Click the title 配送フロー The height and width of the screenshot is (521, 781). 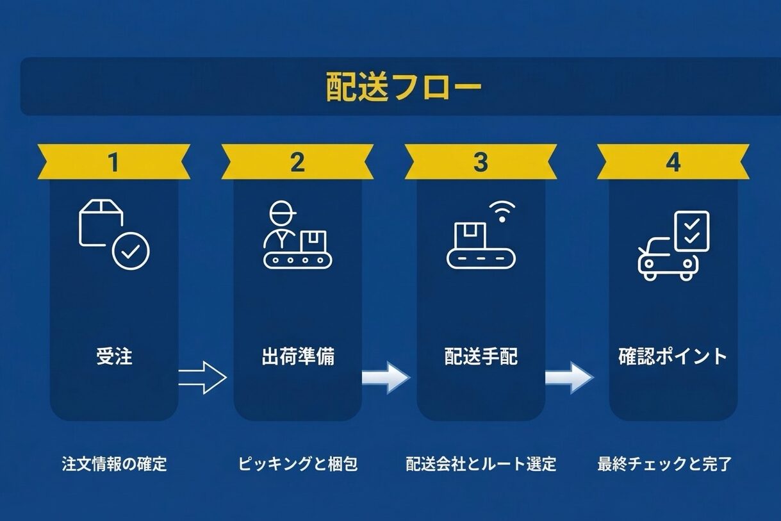403,87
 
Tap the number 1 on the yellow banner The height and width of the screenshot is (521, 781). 113,162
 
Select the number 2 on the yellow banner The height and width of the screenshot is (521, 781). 297,162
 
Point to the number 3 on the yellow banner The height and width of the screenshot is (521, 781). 481,162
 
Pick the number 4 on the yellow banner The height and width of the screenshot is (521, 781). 673,162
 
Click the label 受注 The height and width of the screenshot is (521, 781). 114,356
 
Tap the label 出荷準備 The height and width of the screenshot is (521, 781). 298,356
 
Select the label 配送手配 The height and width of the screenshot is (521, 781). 481,356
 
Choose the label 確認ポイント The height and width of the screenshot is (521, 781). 673,356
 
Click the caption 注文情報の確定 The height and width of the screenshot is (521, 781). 114,464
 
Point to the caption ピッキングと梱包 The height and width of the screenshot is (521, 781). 298,464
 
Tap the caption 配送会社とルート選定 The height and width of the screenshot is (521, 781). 481,464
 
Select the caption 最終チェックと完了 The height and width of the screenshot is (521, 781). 664,464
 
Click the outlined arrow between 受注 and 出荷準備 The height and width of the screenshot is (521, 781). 202,378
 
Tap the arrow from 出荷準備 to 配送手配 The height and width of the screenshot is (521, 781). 386,378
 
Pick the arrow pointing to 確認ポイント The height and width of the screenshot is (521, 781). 569,378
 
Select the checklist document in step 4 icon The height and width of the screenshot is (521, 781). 692,231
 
